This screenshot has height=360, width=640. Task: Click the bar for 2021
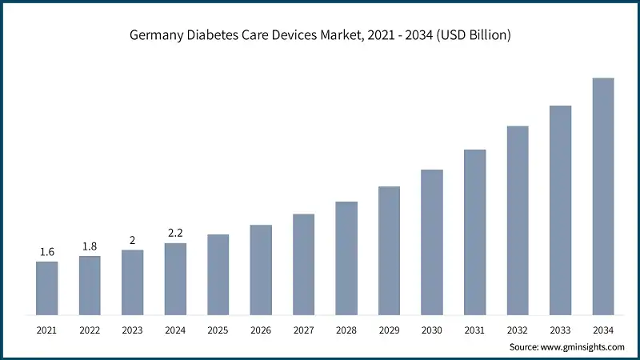46,288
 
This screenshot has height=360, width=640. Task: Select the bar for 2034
602,196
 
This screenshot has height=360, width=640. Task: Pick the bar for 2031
474,232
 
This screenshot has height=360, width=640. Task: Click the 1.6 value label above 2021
46,252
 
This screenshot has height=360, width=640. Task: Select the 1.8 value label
90,246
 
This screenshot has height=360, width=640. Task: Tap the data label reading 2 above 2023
132,240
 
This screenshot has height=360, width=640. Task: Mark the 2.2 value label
175,234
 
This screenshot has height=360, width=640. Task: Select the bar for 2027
303,264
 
